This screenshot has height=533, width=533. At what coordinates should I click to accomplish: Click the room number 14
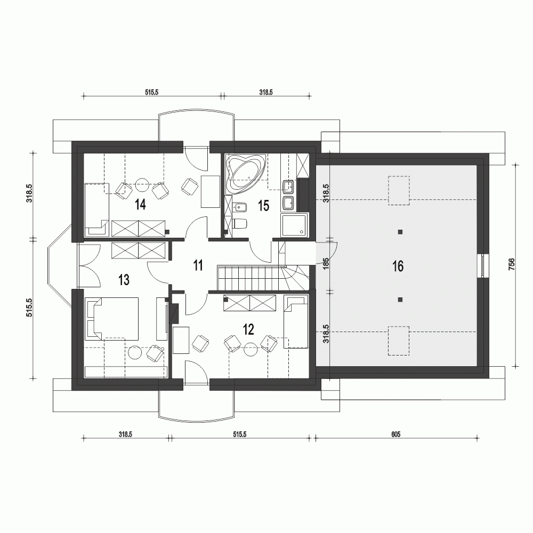(141, 204)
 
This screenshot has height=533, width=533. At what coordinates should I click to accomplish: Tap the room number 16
(398, 266)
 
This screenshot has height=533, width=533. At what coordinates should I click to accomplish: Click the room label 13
(124, 279)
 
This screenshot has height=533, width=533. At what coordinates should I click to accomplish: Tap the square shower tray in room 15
(295, 224)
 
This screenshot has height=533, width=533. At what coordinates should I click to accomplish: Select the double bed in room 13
(113, 318)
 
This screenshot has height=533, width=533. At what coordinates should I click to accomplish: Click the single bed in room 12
(296, 322)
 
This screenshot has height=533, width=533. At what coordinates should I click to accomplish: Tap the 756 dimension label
(511, 265)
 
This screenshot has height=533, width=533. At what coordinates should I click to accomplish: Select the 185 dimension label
(326, 265)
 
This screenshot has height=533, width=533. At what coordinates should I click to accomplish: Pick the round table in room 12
(249, 350)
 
